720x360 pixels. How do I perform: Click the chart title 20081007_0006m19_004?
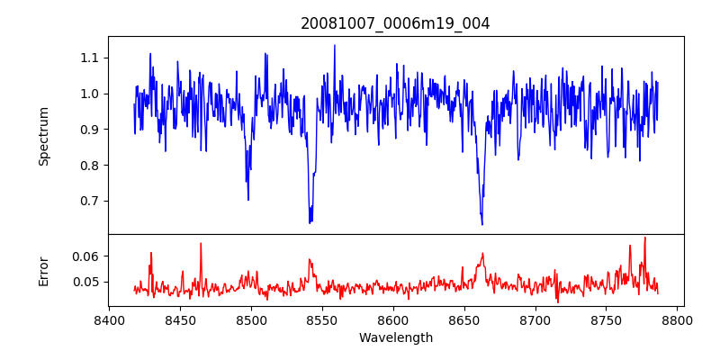395,23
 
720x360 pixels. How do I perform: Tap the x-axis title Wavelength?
395,338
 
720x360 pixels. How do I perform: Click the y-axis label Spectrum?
43,136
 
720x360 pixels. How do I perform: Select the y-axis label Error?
43,271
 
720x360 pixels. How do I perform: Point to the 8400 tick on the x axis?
109,319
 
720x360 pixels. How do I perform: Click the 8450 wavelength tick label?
180,319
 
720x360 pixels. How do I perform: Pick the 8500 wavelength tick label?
251,319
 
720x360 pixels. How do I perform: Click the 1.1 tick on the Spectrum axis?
88,58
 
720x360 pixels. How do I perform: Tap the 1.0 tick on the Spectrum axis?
88,94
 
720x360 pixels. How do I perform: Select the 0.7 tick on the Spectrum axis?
88,201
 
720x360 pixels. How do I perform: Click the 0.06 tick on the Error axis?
85,256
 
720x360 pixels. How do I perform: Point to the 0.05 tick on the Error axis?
85,282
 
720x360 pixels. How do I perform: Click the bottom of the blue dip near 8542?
310,222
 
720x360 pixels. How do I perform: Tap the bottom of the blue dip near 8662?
482,224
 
